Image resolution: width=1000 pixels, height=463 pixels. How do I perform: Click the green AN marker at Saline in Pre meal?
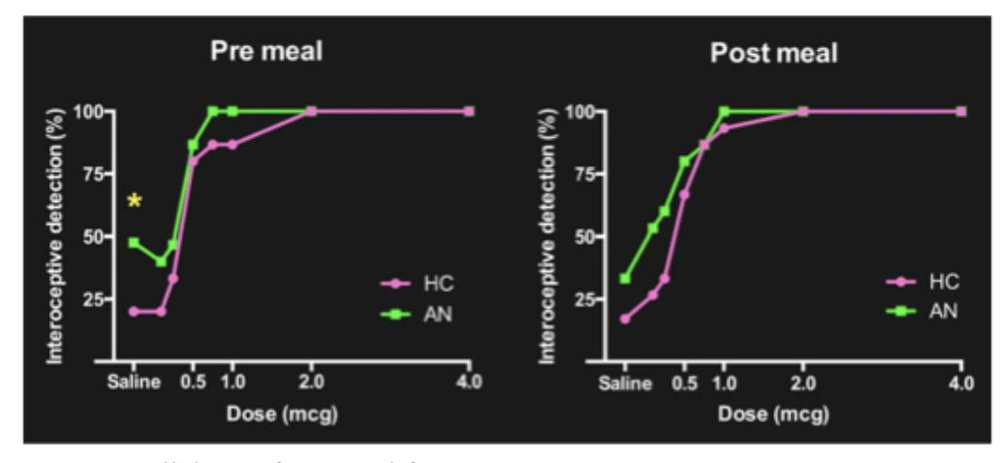click(x=134, y=243)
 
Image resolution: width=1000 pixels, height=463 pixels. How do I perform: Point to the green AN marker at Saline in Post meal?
click(x=625, y=279)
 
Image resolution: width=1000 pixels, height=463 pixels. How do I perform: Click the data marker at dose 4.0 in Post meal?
click(x=961, y=111)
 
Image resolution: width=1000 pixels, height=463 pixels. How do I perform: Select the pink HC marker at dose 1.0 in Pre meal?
click(x=233, y=145)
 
